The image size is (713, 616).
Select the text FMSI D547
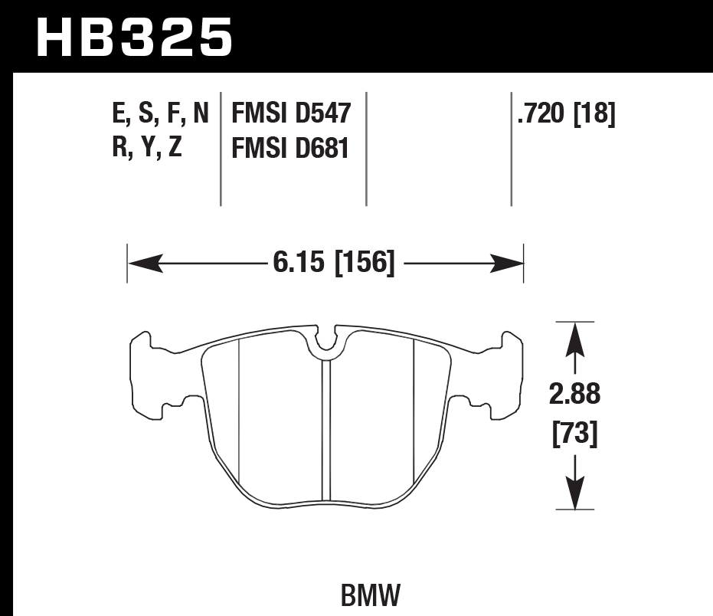[x=285, y=115]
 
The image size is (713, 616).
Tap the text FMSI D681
[x=285, y=147]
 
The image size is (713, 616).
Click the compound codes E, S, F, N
[x=159, y=115]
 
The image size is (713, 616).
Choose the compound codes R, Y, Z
[x=146, y=147]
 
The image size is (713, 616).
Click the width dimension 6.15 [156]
[x=332, y=264]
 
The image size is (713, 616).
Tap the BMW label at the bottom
[x=369, y=595]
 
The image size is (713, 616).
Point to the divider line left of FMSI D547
[x=221, y=149]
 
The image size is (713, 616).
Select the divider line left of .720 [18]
[x=511, y=149]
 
